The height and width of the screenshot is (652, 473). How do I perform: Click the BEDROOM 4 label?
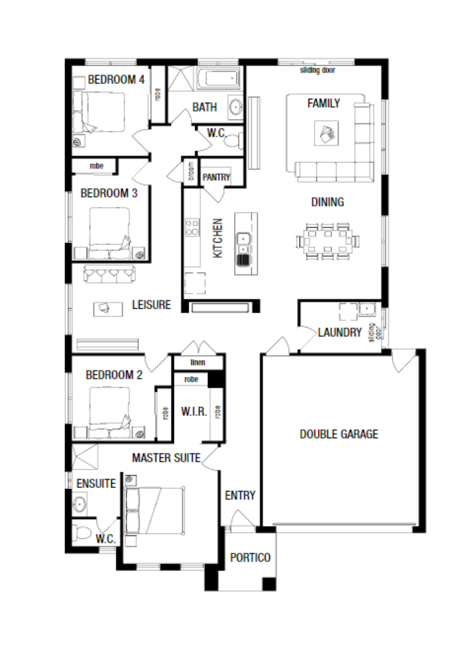tap(116, 79)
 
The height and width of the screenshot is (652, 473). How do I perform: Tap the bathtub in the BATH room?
tap(218, 78)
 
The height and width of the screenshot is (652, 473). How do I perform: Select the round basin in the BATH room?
tap(235, 107)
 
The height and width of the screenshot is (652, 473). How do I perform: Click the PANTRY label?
tap(216, 177)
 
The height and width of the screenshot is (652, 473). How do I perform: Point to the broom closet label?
tap(191, 171)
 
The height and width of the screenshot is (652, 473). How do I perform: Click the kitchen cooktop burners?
tap(192, 227)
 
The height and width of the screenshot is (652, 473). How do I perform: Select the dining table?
tap(328, 241)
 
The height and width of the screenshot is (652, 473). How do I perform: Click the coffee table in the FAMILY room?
tap(327, 133)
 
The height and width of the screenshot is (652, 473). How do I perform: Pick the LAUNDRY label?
tap(340, 332)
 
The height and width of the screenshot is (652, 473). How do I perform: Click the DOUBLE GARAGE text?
tap(339, 434)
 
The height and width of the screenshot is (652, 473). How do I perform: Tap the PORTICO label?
tap(250, 557)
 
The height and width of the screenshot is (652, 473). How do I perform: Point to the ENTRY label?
tap(240, 495)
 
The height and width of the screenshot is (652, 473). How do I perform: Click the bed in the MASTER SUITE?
tap(154, 511)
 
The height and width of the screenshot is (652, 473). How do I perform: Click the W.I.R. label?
tap(194, 411)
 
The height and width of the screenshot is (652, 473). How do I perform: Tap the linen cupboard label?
tap(198, 362)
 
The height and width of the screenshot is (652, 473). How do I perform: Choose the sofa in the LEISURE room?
tap(109, 274)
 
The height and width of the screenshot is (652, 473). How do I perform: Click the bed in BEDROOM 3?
tap(109, 233)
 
